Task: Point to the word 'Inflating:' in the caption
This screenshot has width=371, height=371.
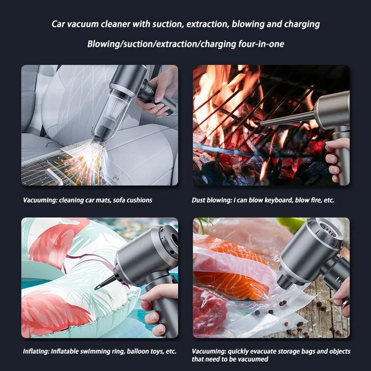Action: [36, 351]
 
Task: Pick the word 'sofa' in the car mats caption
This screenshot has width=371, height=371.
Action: [119, 200]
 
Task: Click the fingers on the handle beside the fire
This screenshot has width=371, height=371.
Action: [336, 161]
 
